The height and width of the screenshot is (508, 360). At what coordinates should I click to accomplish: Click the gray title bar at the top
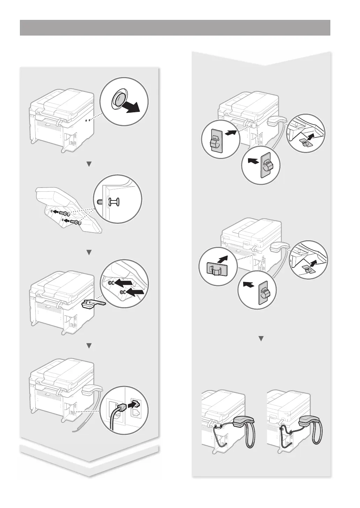[x=175, y=28]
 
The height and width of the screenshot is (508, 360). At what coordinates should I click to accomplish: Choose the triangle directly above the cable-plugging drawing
[x=89, y=345]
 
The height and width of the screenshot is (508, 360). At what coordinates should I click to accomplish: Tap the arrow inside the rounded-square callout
[x=225, y=260]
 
